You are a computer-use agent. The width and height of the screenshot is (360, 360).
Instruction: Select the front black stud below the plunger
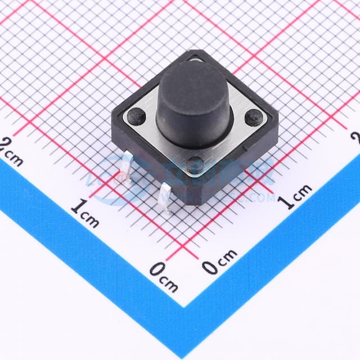[195, 163]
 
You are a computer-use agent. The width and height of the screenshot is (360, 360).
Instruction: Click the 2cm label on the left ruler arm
[12, 151]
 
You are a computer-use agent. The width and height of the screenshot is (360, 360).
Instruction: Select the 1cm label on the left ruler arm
[85, 213]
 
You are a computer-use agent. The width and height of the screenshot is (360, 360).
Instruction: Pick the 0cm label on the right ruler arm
[220, 263]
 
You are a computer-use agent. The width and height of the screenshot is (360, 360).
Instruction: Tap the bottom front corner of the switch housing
[194, 202]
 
